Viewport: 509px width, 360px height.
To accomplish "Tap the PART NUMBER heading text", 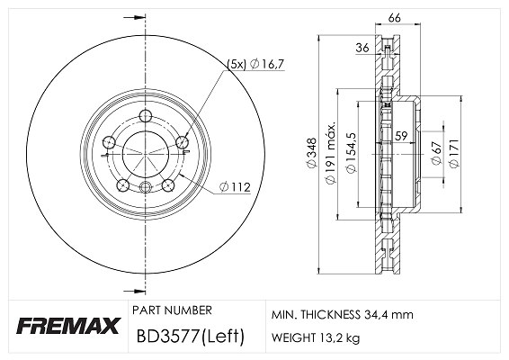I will point(172,310).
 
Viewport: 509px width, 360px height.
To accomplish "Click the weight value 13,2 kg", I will point(342,339).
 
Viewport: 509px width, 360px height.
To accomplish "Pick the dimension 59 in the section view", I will point(402,137).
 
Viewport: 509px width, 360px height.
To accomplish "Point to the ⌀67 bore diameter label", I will point(435,153).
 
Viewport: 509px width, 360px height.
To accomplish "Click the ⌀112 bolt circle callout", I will point(235,187).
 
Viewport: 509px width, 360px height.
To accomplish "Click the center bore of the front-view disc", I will point(145,152).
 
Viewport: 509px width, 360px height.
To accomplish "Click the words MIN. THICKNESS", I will point(310,316).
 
